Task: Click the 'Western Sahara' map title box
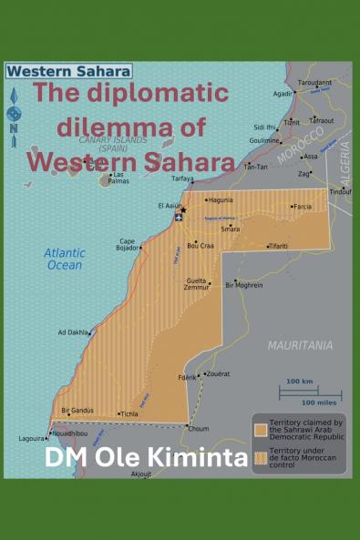tap(69, 70)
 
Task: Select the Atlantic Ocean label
tap(65, 259)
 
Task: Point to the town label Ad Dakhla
tap(73, 332)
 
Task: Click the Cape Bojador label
tap(127, 245)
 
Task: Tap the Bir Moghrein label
tap(244, 285)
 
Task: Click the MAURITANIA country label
tap(300, 345)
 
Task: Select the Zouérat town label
tap(218, 373)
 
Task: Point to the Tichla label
tap(129, 413)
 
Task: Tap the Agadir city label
tap(283, 93)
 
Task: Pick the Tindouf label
tap(341, 191)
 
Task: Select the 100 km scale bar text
tap(298, 382)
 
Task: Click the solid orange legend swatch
tap(261, 428)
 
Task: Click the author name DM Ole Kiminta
tap(146, 458)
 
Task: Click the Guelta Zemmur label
tap(196, 283)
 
